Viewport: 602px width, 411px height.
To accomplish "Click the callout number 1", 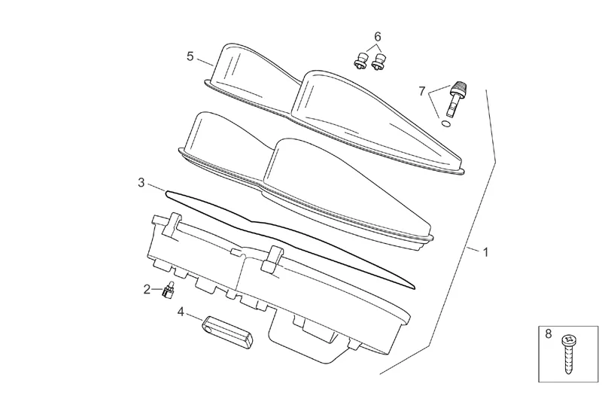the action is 485,252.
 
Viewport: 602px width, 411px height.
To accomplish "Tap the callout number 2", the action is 147,288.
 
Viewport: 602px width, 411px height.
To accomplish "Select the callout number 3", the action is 141,183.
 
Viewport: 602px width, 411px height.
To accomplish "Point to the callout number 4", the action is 181,310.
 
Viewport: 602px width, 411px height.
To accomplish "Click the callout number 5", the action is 190,56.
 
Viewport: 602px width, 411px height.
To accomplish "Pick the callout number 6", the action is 378,36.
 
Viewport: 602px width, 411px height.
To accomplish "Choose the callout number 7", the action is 422,91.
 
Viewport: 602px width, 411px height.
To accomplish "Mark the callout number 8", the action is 548,332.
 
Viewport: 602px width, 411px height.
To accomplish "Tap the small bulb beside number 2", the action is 169,289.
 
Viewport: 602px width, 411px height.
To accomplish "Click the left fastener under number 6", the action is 360,62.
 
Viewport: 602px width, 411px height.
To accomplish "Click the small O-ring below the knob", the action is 446,123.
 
